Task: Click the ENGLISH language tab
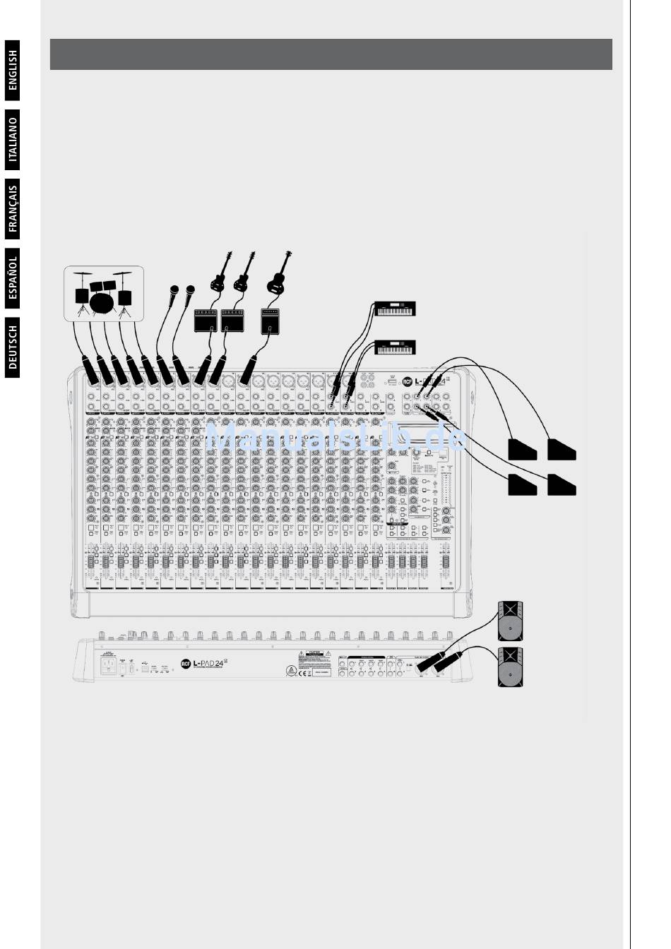point(13,71)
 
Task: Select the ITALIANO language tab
point(13,140)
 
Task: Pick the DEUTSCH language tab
point(13,347)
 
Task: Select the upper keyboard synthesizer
point(396,309)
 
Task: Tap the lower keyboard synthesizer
point(396,347)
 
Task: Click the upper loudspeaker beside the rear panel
point(511,619)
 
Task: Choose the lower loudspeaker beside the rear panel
point(511,667)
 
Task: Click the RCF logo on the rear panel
point(186,663)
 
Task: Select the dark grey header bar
point(331,54)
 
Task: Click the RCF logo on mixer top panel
point(407,381)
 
